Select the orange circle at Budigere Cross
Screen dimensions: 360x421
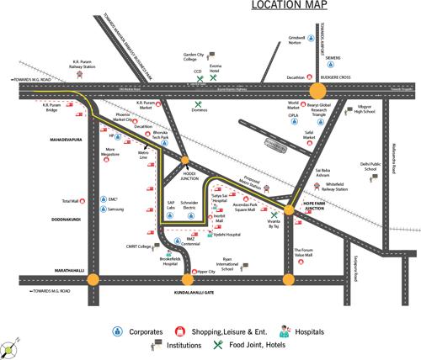(x=318, y=90)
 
